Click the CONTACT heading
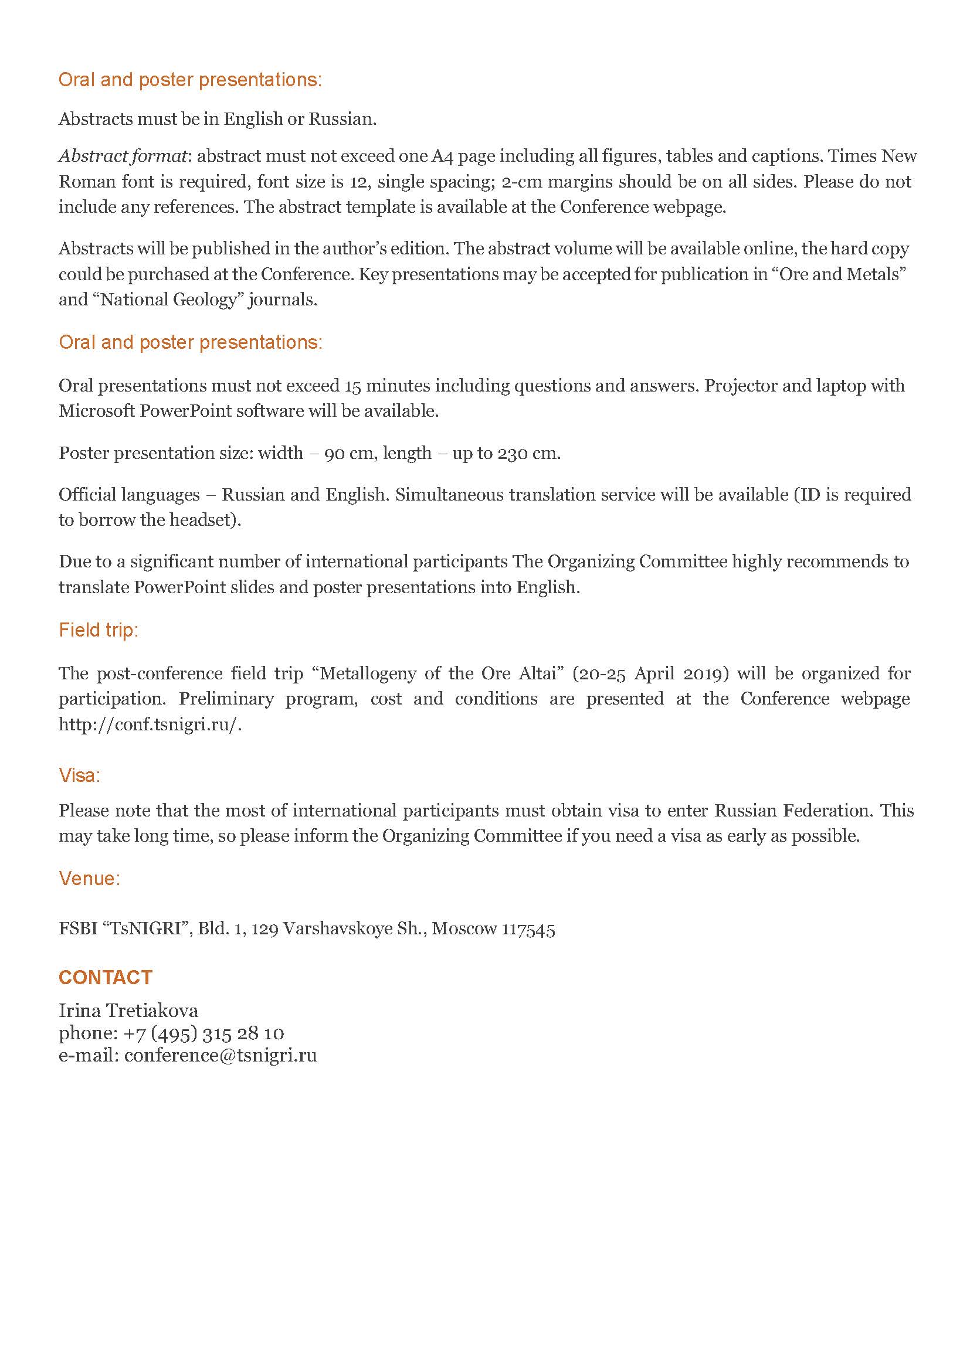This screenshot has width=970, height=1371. pos(105,978)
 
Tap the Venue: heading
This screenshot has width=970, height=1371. pos(90,879)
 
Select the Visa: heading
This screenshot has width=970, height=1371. pos(79,775)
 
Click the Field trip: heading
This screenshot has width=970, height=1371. pos(99,630)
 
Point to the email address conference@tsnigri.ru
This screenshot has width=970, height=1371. pos(221,1055)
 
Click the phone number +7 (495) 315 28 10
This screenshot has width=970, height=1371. pos(204,1033)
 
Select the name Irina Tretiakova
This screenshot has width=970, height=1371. pos(128,1011)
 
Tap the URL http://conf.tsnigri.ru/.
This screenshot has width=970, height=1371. pos(150,724)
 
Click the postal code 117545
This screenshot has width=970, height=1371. pos(528,929)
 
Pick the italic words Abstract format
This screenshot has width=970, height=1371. pos(123,157)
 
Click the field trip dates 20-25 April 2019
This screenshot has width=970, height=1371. pos(650,673)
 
